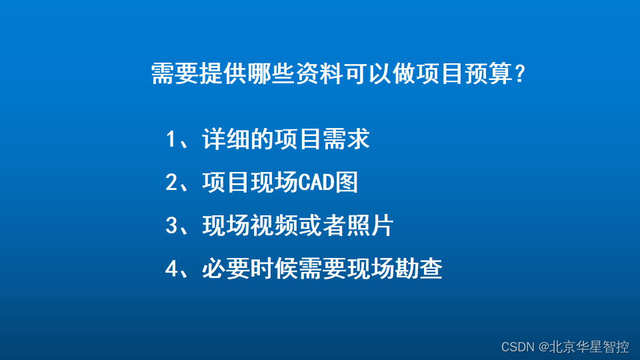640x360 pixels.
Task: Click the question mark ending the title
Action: pyautogui.click(x=519, y=75)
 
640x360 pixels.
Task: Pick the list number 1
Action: pyautogui.click(x=171, y=140)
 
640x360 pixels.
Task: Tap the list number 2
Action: pyautogui.click(x=171, y=183)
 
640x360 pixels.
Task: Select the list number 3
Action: pyautogui.click(x=171, y=226)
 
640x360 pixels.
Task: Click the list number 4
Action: pyautogui.click(x=171, y=269)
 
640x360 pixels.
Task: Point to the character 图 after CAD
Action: pyautogui.click(x=347, y=183)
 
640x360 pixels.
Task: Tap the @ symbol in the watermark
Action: pyautogui.click(x=543, y=347)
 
